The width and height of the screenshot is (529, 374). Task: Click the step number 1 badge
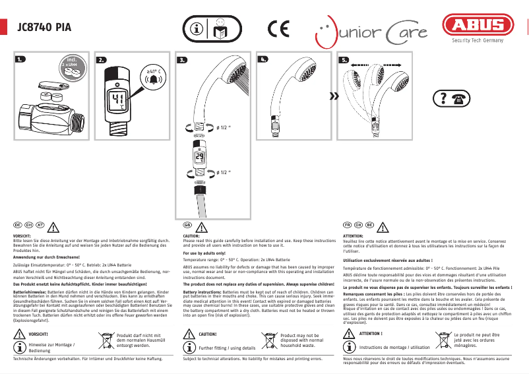[x=22, y=59]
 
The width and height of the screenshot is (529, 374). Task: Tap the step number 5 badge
[x=344, y=59]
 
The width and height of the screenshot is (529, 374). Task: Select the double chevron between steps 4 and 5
[x=334, y=96]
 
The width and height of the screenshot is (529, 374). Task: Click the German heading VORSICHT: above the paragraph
[x=22, y=235]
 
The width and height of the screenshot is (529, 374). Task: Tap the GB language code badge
[x=187, y=225]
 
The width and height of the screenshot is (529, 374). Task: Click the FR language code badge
[x=348, y=225]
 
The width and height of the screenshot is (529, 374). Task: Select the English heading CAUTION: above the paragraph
[x=191, y=235]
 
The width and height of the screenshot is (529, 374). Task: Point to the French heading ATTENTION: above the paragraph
[x=354, y=235]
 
